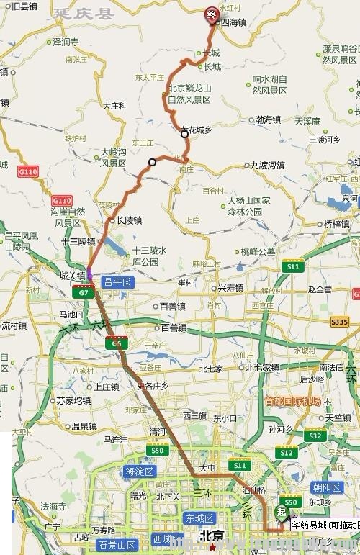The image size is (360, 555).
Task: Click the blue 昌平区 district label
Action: (117, 284)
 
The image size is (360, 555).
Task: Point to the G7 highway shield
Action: (84, 293)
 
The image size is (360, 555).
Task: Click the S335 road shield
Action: (340, 321)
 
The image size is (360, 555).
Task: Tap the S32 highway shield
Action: (314, 436)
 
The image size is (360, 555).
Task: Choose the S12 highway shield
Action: (286, 453)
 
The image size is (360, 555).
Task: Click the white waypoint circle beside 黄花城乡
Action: (185, 133)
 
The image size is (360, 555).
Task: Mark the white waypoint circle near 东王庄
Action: (152, 162)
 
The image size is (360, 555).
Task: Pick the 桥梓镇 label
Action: (336, 224)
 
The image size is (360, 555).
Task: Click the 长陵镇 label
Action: (128, 220)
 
